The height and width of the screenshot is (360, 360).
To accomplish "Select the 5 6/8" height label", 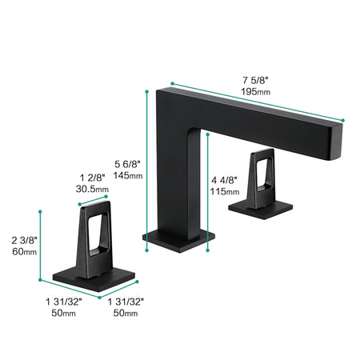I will coord(127,162).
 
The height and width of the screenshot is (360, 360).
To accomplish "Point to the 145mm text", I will coord(128,174).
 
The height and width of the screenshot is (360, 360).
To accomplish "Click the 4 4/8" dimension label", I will coord(224,178).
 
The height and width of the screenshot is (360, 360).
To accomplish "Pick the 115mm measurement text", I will coord(224,191).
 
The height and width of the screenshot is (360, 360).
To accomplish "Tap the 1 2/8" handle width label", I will coord(92,177).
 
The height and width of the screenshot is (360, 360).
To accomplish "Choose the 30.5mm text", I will coord(92,190).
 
